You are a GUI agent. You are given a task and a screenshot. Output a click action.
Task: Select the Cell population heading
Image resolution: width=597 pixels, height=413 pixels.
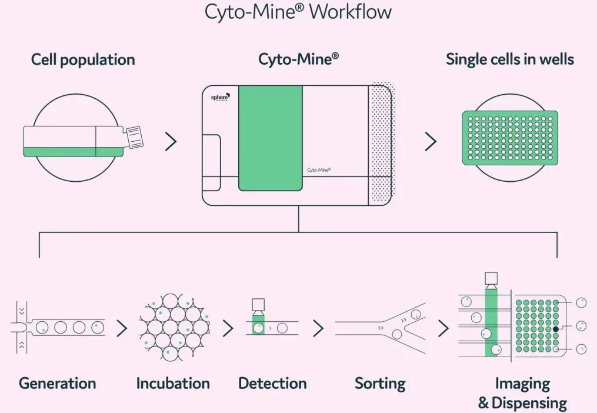[83, 59]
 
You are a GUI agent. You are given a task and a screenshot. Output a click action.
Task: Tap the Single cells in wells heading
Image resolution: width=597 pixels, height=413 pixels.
[510, 59]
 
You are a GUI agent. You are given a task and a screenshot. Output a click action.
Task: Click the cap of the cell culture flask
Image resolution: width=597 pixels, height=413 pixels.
[135, 137]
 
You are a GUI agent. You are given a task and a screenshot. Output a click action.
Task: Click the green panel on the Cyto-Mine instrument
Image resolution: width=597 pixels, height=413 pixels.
[271, 138]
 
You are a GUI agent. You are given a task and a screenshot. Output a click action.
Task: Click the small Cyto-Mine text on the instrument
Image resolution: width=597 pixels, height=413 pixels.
[319, 169]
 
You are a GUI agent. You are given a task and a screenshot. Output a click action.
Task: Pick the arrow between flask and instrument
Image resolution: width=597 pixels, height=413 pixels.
[171, 141]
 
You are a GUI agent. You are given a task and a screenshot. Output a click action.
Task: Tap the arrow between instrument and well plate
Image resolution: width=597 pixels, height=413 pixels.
[431, 141]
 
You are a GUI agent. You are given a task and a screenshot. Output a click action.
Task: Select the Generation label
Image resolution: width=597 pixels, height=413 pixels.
[57, 384]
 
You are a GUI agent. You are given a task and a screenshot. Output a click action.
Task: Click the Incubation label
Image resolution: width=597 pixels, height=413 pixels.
[173, 384]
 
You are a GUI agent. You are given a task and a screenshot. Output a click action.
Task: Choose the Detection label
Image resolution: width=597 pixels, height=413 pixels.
[272, 384]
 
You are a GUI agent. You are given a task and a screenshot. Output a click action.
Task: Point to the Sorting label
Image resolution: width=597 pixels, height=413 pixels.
[380, 384]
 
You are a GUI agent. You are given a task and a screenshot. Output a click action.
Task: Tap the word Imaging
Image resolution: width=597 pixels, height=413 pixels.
[522, 384]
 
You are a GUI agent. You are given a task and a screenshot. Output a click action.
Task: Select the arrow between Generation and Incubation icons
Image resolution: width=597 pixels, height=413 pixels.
[122, 329]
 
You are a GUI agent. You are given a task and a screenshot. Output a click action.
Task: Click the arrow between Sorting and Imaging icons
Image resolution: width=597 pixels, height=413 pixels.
[443, 329]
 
